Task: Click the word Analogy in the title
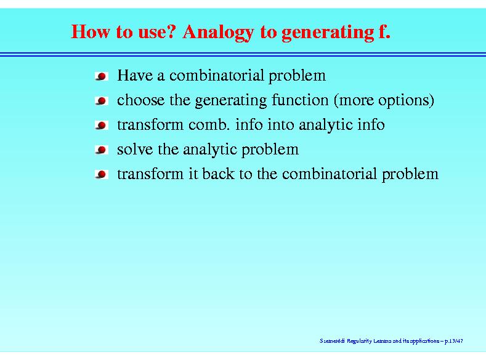point(219,33)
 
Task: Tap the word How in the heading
point(90,31)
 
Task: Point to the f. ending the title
point(384,31)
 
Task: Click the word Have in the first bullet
point(135,75)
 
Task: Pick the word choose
point(140,100)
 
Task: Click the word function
point(300,100)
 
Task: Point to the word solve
point(135,149)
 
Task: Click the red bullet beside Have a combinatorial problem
point(102,76)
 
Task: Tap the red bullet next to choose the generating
point(102,101)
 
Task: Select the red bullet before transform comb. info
point(102,126)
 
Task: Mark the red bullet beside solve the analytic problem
point(102,150)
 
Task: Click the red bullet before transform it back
point(102,175)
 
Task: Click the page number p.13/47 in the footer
point(454,341)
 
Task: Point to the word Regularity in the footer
point(359,341)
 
